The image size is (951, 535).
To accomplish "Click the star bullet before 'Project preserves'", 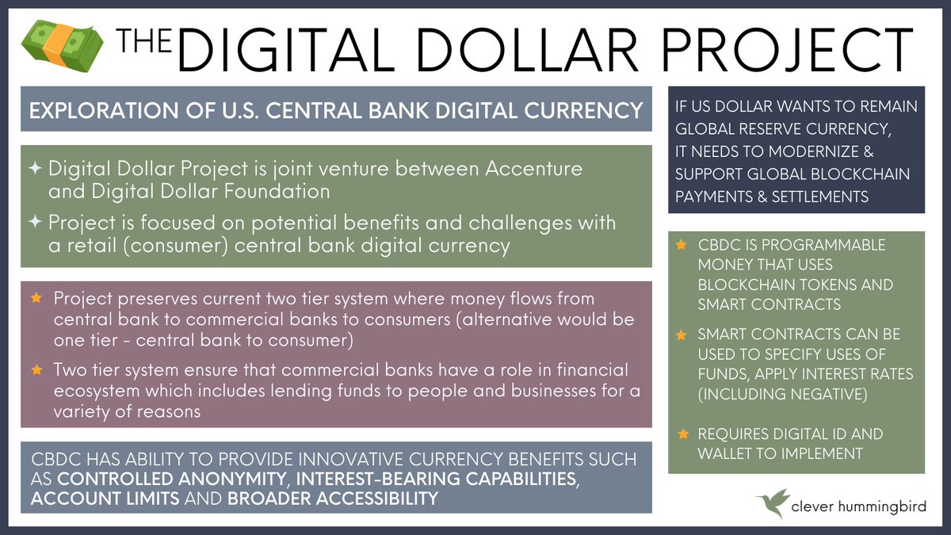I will click(36, 299).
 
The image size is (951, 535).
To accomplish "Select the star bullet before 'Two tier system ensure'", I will click(36, 369).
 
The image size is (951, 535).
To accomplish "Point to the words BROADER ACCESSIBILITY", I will click(333, 499).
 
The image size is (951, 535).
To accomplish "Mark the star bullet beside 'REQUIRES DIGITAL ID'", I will click(682, 434).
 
